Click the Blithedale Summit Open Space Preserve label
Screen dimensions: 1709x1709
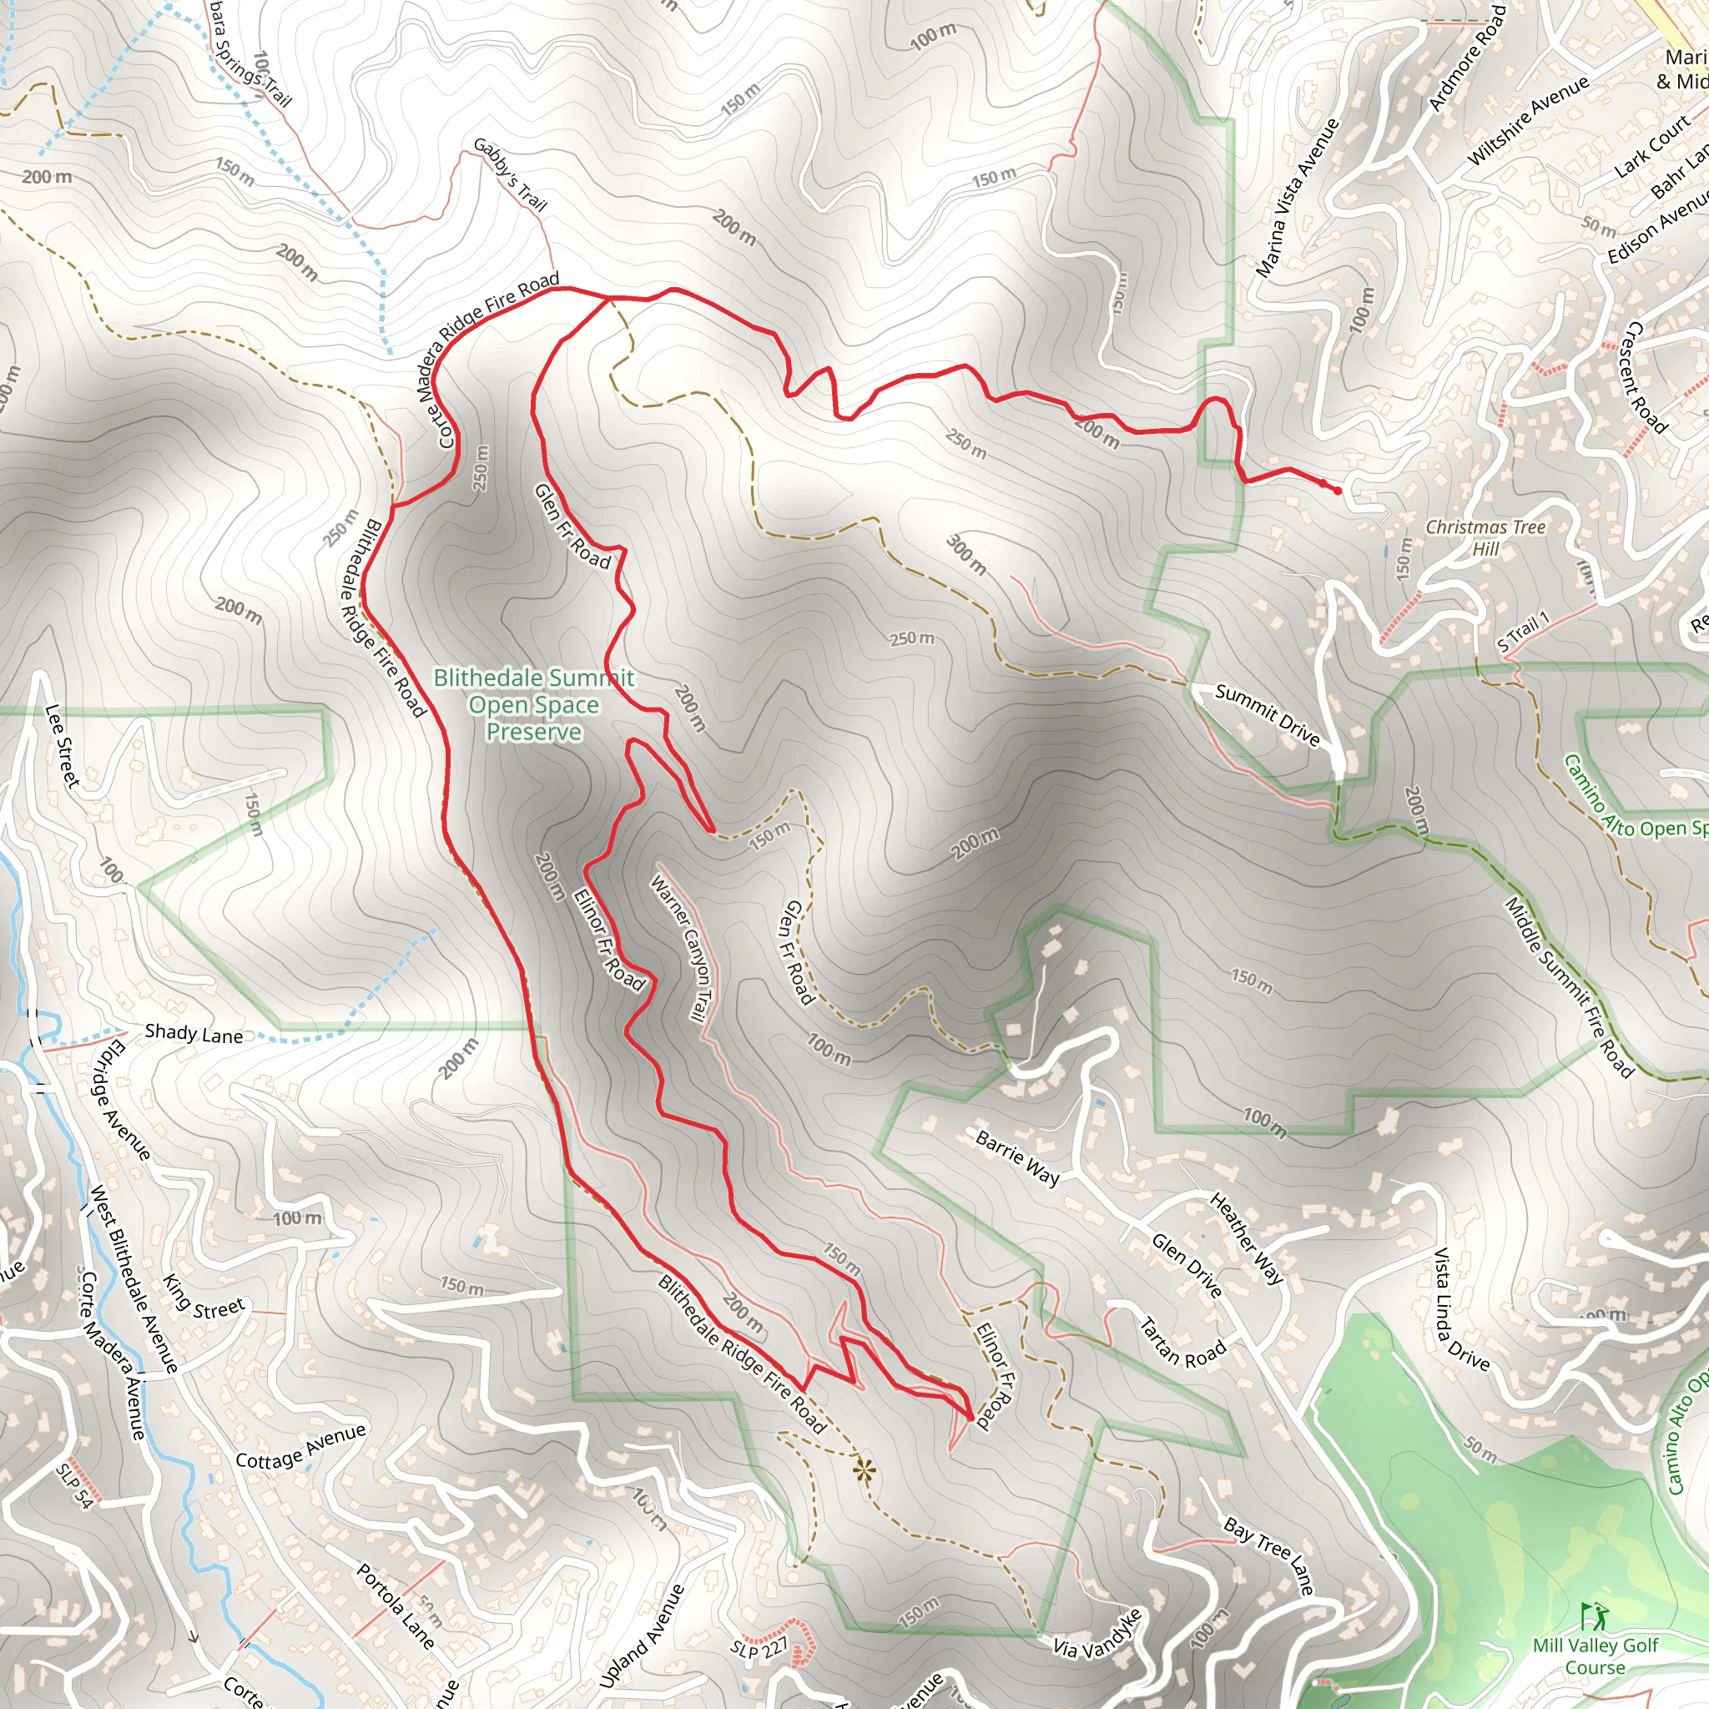tap(533, 704)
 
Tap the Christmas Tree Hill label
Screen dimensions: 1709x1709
tap(1485, 537)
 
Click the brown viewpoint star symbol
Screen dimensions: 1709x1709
tap(865, 1471)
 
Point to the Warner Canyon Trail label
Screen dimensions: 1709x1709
tap(681, 948)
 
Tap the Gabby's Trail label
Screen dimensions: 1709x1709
tap(511, 174)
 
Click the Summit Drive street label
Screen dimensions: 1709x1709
tap(1267, 715)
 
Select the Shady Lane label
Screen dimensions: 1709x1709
tap(194, 1033)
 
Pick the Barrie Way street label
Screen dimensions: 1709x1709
tap(1017, 1156)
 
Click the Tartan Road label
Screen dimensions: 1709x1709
tap(1182, 1342)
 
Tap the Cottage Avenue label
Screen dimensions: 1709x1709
tap(300, 1445)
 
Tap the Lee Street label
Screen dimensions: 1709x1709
tap(63, 745)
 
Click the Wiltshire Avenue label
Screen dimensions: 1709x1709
tap(1528, 121)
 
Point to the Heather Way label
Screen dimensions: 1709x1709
tap(1247, 1238)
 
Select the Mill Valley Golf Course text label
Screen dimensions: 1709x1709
tap(1596, 1656)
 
